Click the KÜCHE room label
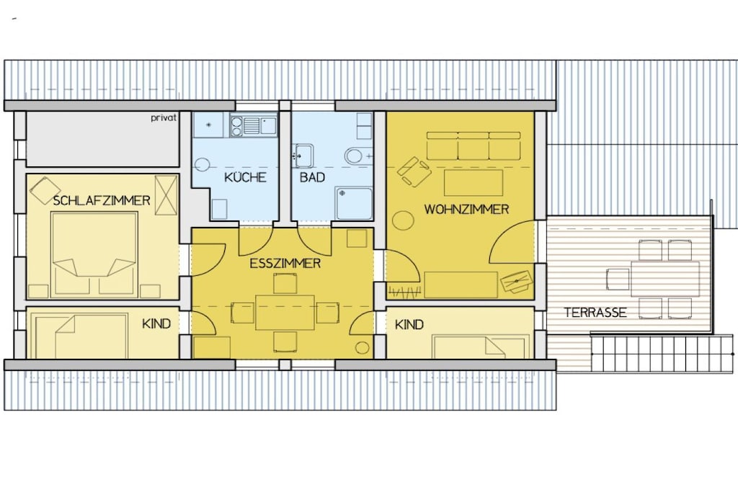pos(245,177)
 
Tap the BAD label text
pos(313,177)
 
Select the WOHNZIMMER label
pos(466,210)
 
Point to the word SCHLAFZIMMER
pos(102,201)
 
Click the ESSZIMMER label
pos(285,264)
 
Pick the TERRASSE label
pos(595,313)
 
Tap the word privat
pos(164,117)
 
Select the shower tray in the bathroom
pos(354,203)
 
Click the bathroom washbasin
pos(303,156)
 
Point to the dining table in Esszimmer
pos(285,313)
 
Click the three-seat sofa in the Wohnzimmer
pos(474,146)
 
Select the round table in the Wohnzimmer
pos(403,220)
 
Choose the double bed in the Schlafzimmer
pos(94,254)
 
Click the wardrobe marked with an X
pos(166,194)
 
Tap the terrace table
pos(664,279)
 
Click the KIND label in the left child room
pos(156,324)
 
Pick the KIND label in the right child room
pos(409,325)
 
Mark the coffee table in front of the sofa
pos(473,182)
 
